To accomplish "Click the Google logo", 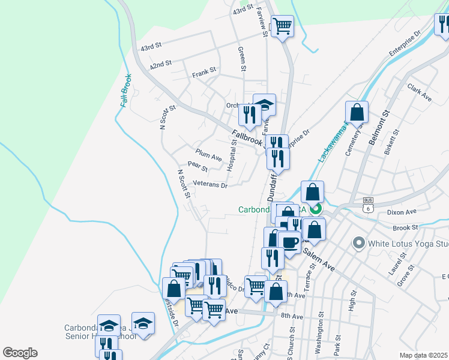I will pyautogui.click(x=20, y=353).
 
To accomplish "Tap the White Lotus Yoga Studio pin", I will pyautogui.click(x=359, y=243).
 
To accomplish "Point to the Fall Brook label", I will pyautogui.click(x=125, y=91).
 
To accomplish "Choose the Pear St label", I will pyautogui.click(x=197, y=166).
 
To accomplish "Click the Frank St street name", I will pyautogui.click(x=204, y=73).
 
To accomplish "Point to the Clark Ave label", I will pyautogui.click(x=420, y=92).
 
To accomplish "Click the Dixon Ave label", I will pyautogui.click(x=402, y=212).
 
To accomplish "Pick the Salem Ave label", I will pyautogui.click(x=318, y=260).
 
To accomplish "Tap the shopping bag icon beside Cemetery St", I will pyautogui.click(x=357, y=112).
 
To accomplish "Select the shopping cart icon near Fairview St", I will pyautogui.click(x=282, y=26).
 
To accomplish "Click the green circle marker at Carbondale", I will pyautogui.click(x=316, y=209).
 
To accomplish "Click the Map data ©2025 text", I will pyautogui.click(x=423, y=355).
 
